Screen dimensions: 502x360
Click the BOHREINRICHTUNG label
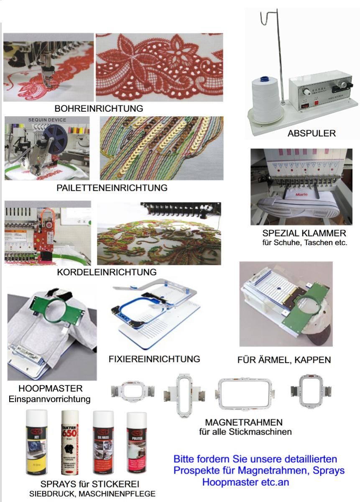pos(99,108)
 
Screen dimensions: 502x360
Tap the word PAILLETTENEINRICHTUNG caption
pos(112,188)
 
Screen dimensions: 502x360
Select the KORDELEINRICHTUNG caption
pos(107,272)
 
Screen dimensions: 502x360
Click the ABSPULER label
pos(311,133)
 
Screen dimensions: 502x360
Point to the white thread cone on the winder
pos(267,100)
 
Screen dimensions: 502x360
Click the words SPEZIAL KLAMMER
pos(304,233)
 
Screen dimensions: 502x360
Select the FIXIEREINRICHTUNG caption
pos(154,359)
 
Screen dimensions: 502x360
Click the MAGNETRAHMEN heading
pos(244,422)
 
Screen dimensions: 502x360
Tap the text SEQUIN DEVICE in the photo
pos(47,120)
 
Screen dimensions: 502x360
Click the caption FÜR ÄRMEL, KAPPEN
pos(284,360)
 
